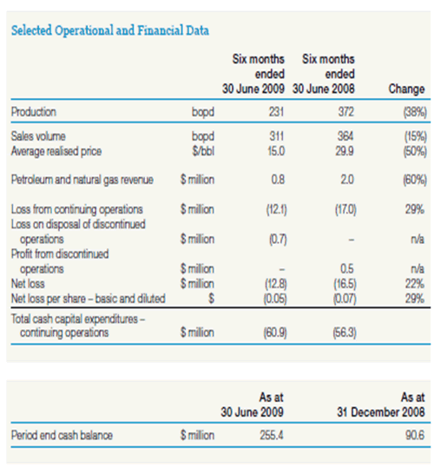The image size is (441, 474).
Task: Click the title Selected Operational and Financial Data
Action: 110,30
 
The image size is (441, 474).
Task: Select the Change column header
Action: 406,89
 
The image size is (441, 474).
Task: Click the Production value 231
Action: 277,112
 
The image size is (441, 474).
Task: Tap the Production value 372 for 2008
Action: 346,112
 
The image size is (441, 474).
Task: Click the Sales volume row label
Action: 38,136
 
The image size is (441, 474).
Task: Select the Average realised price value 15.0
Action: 276,151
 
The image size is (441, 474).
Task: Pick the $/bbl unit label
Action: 203,151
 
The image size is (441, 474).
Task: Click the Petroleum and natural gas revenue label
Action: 82,180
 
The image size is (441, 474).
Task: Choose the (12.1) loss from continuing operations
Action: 276,209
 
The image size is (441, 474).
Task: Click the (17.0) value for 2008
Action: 346,209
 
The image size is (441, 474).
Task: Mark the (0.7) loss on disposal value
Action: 278,240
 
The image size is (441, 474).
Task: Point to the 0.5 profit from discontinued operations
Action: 347,269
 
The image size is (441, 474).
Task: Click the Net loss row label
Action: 28,284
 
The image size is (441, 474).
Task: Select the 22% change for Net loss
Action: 415,284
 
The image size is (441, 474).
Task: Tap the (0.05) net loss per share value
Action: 275,299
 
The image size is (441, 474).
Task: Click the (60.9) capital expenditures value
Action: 275,332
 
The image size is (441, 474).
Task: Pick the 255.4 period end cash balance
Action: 272,435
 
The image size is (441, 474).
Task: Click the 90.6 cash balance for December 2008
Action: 415,435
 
